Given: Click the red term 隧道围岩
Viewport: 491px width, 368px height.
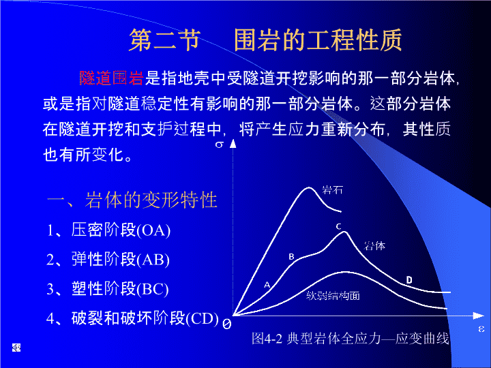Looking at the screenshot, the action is [111, 78].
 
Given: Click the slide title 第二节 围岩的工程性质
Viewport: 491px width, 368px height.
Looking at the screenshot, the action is [265, 40].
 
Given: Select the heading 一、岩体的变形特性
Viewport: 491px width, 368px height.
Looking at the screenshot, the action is [132, 200].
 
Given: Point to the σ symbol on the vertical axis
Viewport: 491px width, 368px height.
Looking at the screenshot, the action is [220, 144].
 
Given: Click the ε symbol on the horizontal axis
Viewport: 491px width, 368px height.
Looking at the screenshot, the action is [481, 329].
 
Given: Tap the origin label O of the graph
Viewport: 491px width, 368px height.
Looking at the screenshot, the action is [226, 324].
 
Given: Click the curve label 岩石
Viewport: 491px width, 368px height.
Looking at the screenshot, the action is [333, 190].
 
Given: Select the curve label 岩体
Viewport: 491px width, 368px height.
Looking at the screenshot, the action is [374, 246].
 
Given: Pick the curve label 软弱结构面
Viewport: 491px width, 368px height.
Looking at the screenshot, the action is [333, 295].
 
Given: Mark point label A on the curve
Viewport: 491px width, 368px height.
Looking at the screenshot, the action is [267, 285].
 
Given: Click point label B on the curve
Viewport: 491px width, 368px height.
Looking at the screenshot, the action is [291, 257].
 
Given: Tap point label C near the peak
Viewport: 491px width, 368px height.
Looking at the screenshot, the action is [338, 226].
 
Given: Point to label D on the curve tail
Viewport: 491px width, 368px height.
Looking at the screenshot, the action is [409, 280].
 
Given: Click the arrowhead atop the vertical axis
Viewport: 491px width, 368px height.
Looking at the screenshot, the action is [233, 144].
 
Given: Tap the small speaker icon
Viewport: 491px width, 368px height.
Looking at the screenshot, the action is [16, 348].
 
